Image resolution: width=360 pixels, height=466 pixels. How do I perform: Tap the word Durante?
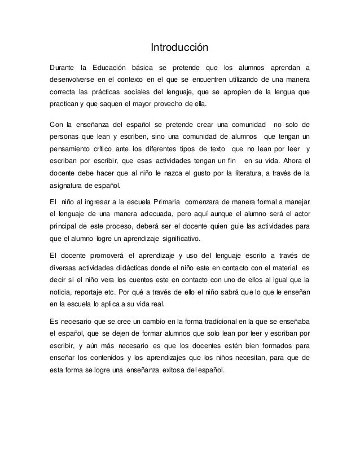pyautogui.click(x=64, y=61)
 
